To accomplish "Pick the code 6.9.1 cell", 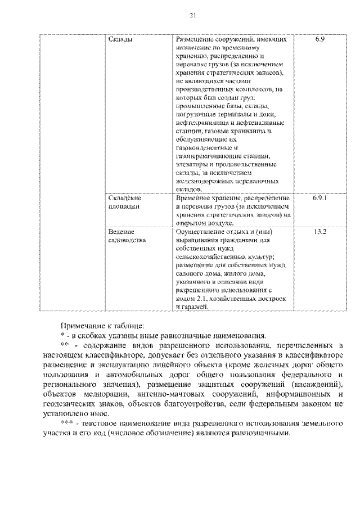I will (319, 199).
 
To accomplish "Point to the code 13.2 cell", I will (319, 231).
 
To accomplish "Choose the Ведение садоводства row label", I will (127, 235).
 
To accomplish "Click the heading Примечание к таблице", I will (94, 325).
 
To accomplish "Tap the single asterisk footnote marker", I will (62, 334).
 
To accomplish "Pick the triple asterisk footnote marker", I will (66, 420).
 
